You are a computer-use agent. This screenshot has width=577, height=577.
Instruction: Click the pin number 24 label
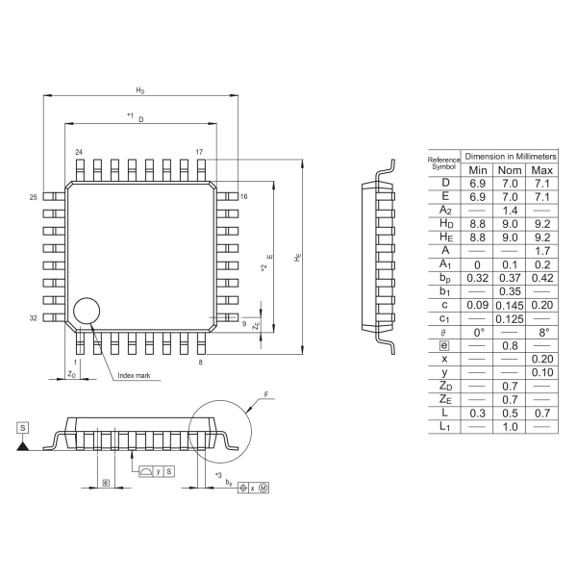(x=79, y=153)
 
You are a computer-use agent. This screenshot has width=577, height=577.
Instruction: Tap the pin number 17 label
(x=199, y=153)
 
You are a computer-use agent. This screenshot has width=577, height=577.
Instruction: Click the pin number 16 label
(x=244, y=196)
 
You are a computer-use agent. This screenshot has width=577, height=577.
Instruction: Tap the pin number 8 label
(x=200, y=363)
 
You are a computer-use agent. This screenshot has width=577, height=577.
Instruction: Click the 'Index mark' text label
(x=133, y=376)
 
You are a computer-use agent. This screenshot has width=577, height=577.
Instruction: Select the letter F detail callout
(x=266, y=394)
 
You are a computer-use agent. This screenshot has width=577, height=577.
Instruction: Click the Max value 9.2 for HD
(x=542, y=223)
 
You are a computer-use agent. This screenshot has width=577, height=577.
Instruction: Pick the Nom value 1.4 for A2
(x=510, y=210)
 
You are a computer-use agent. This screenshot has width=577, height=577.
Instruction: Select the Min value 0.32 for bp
(x=478, y=277)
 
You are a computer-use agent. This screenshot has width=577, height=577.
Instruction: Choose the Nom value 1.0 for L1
(x=510, y=425)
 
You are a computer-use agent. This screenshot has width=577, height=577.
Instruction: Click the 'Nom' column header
(x=510, y=170)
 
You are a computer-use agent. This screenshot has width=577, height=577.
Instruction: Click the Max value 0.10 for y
(x=542, y=371)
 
